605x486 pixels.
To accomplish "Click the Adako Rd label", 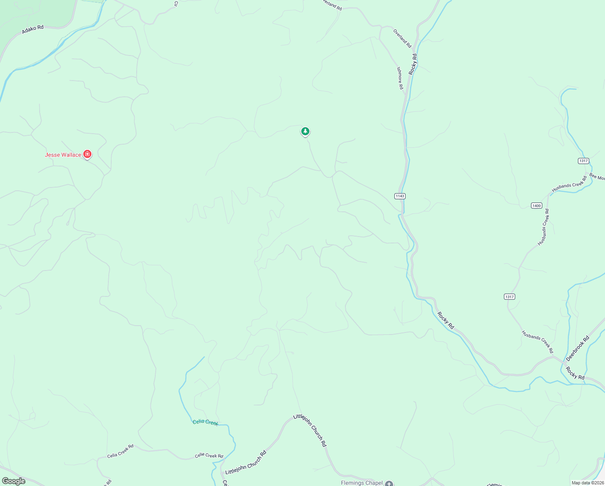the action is pos(33,29).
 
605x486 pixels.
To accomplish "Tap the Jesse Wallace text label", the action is pos(63,155).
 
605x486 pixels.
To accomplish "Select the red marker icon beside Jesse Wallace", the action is pos(87,154).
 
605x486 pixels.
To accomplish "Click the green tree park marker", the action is pos(305,132).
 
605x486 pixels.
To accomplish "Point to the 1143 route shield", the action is pos(400,196).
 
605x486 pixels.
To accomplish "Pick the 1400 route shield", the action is pos(536,206).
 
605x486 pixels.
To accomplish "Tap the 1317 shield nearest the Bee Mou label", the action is pos(583,161).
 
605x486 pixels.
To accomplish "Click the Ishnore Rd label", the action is pos(400,78).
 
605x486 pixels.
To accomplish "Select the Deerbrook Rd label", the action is pos(578,348).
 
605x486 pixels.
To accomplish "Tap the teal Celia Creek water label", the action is pos(205,422).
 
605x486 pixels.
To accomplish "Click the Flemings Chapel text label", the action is pos(362,483).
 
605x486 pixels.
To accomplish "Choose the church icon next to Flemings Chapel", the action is pos(389,483).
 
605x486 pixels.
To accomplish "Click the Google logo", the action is pos(14,481).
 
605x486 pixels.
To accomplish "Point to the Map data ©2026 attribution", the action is pos(587,483).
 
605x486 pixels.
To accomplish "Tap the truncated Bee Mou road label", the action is pos(597,177).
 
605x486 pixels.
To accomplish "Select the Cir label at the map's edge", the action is pos(176,4).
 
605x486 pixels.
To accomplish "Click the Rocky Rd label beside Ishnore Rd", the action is pos(412,64).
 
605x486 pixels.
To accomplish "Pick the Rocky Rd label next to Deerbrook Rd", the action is pos(575,373).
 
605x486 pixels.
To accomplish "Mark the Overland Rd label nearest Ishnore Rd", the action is pos(402,38).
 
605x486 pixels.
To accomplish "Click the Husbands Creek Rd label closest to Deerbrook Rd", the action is pos(537,342).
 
